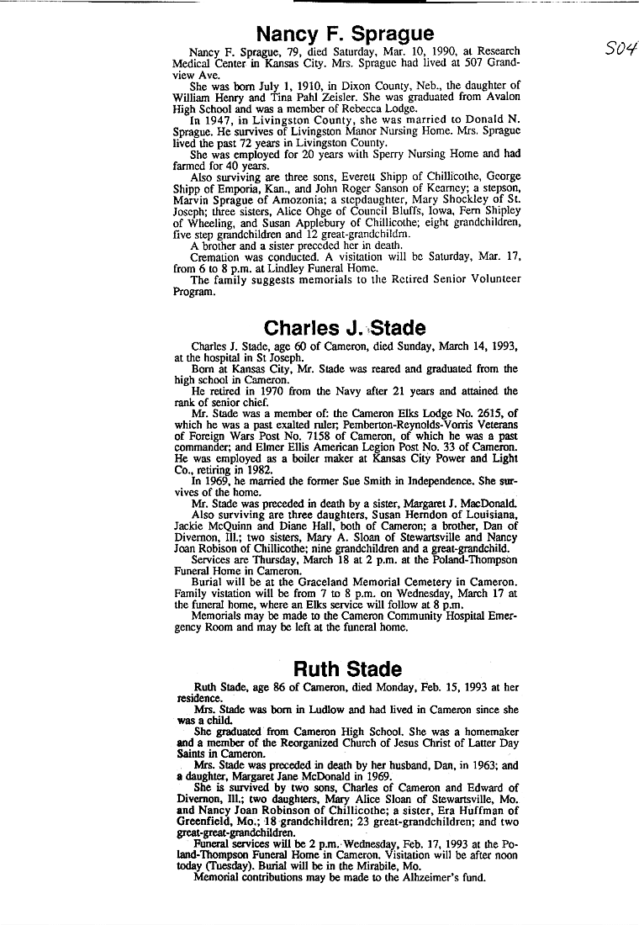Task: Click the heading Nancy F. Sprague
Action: pyautogui.click(x=345, y=34)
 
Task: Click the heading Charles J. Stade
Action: pyautogui.click(x=345, y=328)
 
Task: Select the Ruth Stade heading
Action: pyautogui.click(x=347, y=669)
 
